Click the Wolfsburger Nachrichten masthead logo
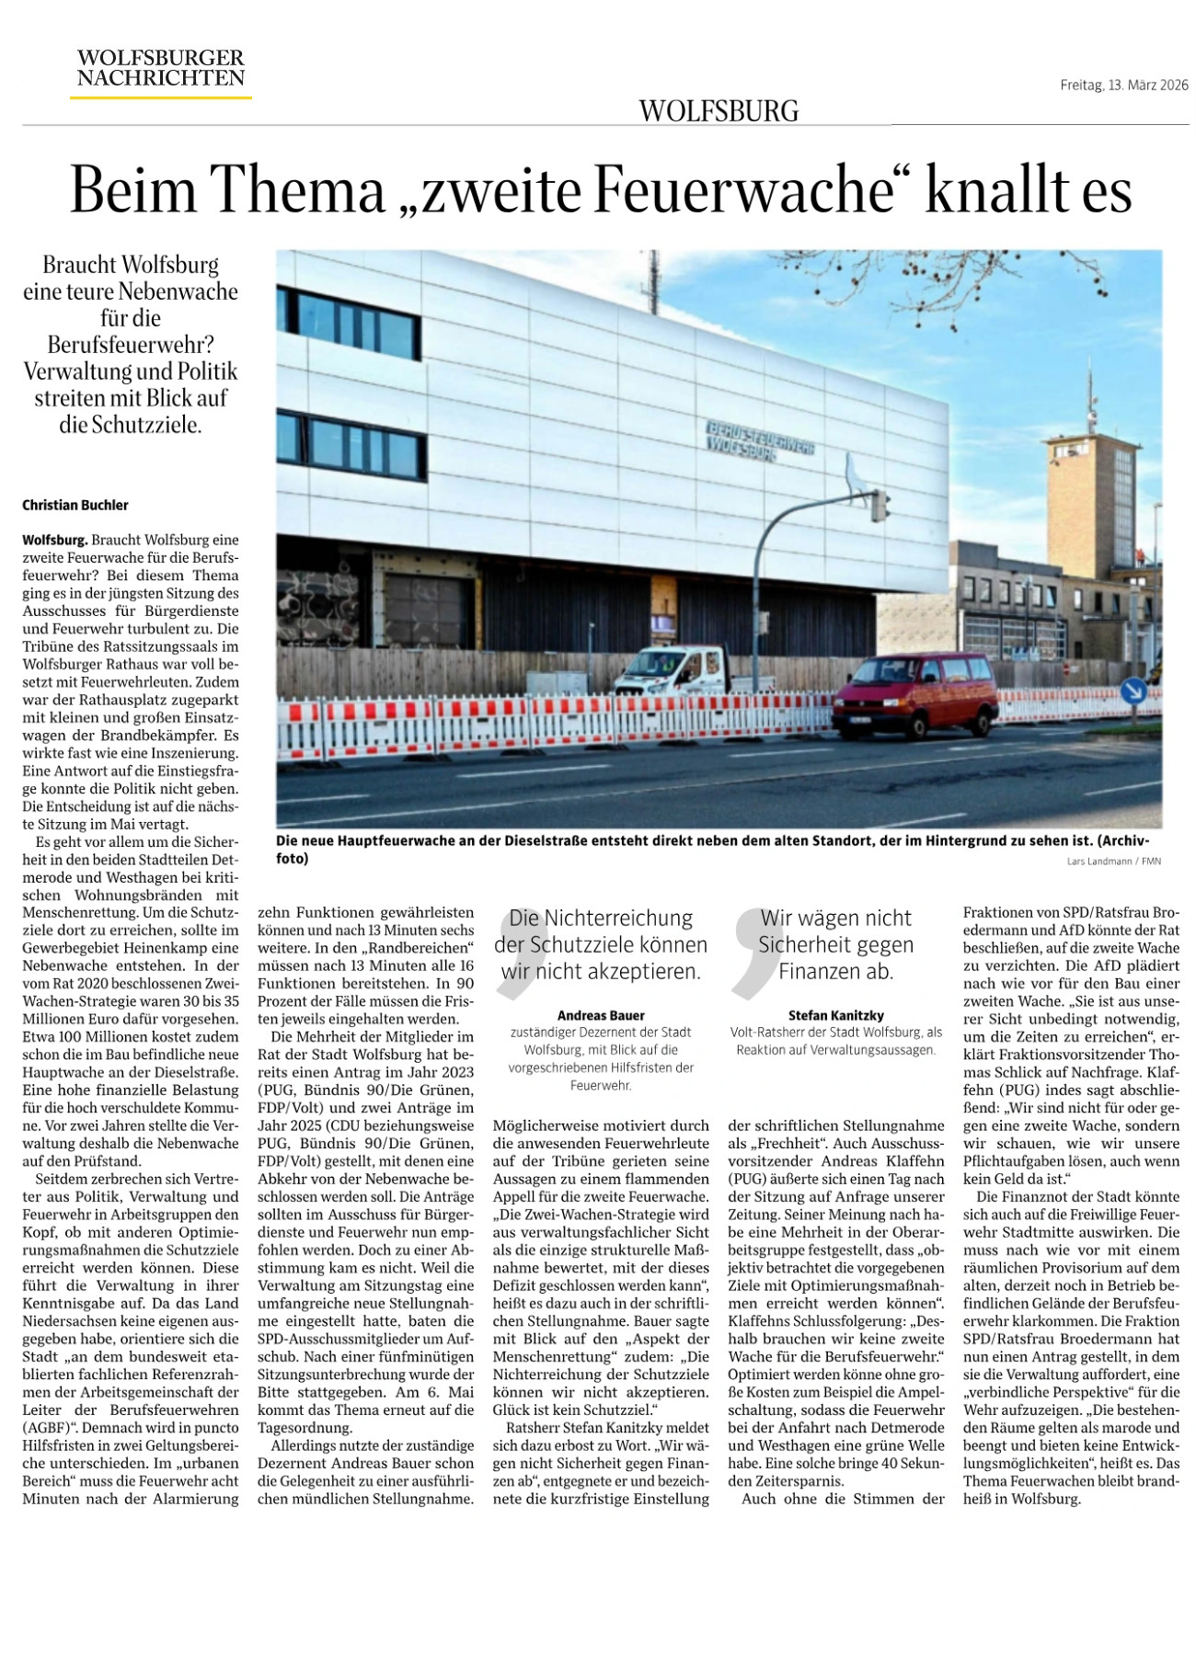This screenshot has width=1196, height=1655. coord(161,69)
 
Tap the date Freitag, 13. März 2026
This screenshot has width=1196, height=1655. coord(1123,86)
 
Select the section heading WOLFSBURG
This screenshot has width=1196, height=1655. coord(719,111)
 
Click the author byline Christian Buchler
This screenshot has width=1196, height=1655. coord(75,505)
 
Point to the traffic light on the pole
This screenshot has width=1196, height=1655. coord(880,505)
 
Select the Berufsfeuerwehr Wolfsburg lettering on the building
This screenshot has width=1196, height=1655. coord(759,441)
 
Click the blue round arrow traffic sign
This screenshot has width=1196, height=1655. coord(1133,690)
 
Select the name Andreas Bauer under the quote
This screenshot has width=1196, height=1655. coord(601,1015)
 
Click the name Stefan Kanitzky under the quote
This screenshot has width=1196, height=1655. coord(835,1015)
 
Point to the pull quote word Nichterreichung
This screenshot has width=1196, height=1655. coord(618,918)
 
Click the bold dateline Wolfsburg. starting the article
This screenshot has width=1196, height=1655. coord(55,540)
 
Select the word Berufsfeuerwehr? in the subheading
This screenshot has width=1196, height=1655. coord(131,345)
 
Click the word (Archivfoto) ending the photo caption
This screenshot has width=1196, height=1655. coord(1127,840)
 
